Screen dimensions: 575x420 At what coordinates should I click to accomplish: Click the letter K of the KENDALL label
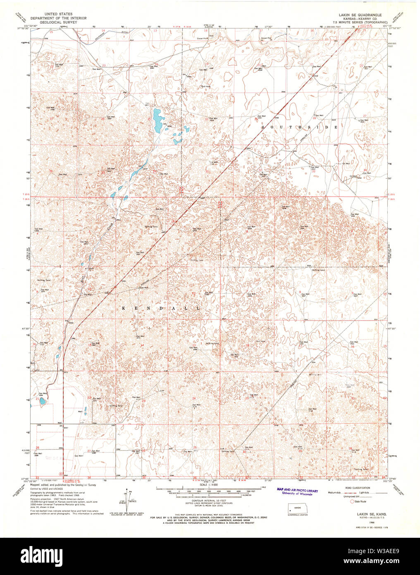pyautogui.click(x=123, y=309)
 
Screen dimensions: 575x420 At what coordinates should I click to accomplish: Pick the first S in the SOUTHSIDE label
pyautogui.click(x=263, y=128)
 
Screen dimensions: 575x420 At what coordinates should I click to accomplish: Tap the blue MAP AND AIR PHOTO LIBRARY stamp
pyautogui.click(x=297, y=491)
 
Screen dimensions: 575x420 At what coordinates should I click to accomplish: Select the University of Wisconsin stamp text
pyautogui.click(x=297, y=494)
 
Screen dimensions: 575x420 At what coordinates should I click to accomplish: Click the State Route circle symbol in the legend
pyautogui.click(x=353, y=501)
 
